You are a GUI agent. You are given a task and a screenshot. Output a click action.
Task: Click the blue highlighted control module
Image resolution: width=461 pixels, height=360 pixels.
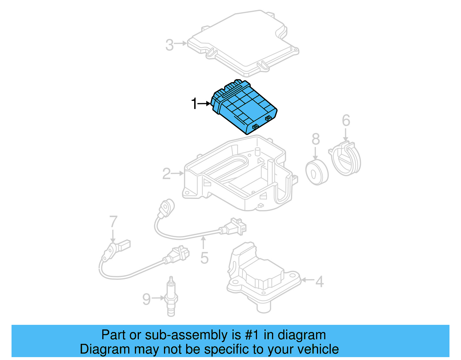click(245, 108)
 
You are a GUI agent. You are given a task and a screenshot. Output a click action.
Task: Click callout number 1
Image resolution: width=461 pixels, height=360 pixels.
click(194, 103)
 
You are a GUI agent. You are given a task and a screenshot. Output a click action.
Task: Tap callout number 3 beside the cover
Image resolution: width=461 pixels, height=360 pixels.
click(169, 45)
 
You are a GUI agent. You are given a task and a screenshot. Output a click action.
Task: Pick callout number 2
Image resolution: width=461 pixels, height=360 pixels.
click(167, 174)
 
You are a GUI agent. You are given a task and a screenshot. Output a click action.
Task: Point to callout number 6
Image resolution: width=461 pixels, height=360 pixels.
click(346, 120)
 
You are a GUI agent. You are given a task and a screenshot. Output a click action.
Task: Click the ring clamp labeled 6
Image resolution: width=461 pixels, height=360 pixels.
click(346, 160)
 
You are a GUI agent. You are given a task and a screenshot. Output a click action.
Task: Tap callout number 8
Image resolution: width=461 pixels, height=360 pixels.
click(316, 139)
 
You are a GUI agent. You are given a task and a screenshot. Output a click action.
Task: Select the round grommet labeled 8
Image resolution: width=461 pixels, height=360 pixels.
click(317, 172)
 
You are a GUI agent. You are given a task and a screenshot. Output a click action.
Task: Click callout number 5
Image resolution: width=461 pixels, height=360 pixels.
click(204, 258)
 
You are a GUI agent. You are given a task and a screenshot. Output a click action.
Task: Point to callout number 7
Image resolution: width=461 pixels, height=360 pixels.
click(113, 222)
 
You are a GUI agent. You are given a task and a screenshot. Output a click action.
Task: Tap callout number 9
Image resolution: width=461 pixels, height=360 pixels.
click(146, 299)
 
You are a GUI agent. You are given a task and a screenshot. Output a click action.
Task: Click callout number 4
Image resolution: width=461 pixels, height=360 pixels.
click(319, 281)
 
